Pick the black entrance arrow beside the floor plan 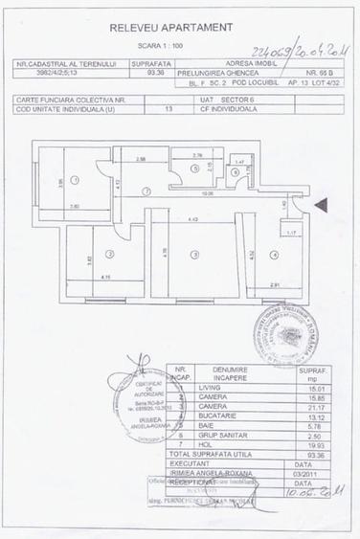320,202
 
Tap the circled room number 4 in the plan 274,254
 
